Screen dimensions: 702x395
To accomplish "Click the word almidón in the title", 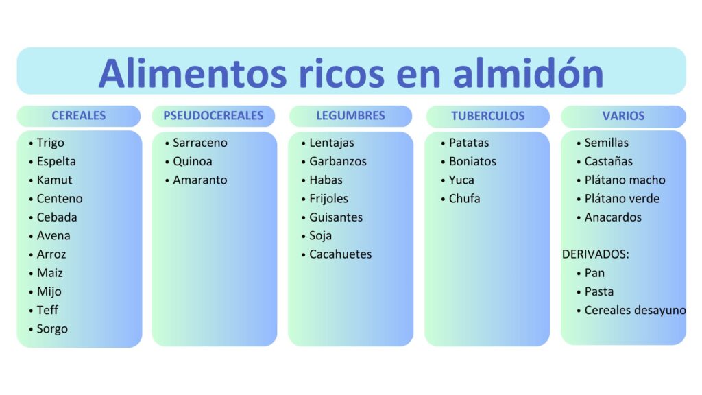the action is point(528,73).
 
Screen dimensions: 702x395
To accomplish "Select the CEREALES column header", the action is point(79,115).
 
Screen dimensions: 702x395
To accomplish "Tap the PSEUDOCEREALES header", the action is point(213,115).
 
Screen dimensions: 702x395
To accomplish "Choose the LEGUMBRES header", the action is point(350,115).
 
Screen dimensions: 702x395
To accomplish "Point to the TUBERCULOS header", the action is point(487,116).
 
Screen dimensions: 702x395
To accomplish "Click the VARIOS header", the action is point(623,116).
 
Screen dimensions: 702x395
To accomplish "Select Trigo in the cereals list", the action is point(50,143).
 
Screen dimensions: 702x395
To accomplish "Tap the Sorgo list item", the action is point(52,329).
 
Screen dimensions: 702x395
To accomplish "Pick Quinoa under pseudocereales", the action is point(193,161).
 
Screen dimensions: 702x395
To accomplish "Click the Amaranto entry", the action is point(200,180).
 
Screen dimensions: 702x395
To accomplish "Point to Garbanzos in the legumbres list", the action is point(337,161).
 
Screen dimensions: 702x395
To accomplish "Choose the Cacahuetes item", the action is point(340,254).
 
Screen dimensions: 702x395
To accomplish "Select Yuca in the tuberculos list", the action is point(461,180).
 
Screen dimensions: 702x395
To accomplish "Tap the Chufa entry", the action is point(464,198).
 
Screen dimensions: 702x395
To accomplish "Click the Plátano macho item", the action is point(625,180).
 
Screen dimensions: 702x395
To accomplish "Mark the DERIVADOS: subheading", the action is point(596,254).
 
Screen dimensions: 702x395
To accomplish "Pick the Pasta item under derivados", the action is point(599,291).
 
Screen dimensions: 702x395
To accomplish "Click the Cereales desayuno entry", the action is point(635,311).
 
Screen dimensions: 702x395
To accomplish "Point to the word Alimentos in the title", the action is point(193,73).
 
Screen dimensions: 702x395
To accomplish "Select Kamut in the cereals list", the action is point(54,180).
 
